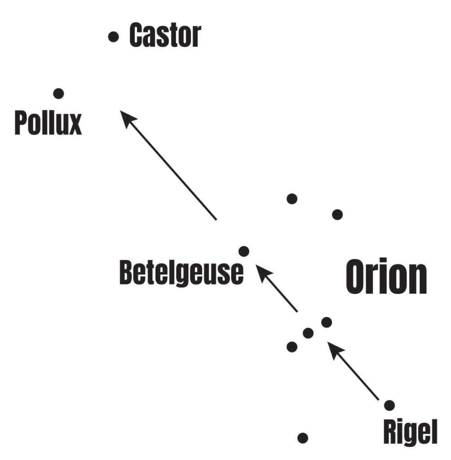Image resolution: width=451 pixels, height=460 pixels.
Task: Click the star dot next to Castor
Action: tap(114, 37)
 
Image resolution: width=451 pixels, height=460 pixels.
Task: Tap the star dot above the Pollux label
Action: tap(58, 93)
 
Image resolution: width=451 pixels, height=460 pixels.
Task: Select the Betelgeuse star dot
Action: tap(244, 251)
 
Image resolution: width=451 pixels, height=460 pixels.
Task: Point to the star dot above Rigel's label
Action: tap(389, 405)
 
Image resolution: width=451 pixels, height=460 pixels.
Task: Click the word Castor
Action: tap(165, 35)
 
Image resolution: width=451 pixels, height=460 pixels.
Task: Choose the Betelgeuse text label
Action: tap(181, 273)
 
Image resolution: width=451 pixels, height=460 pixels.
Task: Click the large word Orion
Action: tap(386, 277)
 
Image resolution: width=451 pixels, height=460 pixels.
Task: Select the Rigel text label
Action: tap(410, 432)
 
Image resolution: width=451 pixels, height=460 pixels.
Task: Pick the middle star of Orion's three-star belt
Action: tap(308, 333)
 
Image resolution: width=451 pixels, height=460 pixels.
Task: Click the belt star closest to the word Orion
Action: tap(327, 322)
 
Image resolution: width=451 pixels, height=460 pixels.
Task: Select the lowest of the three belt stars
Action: tap(292, 346)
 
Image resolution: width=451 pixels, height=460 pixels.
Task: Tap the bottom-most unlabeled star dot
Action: tap(303, 437)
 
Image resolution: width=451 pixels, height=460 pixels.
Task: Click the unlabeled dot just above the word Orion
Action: tap(337, 214)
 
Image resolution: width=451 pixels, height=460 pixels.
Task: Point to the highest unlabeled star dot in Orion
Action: tap(292, 198)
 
